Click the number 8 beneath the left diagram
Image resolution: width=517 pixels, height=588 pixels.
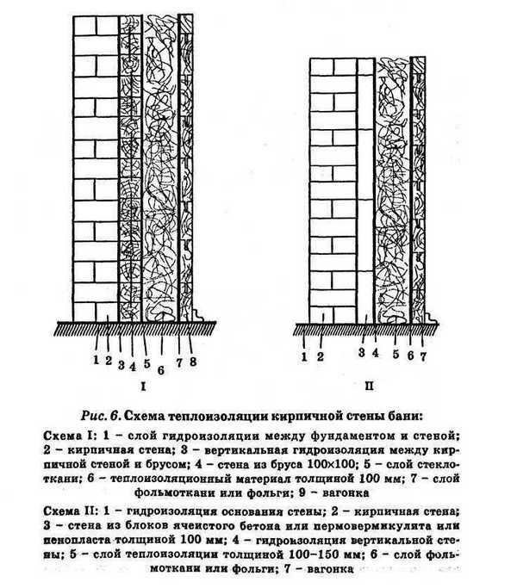pos(193,362)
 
